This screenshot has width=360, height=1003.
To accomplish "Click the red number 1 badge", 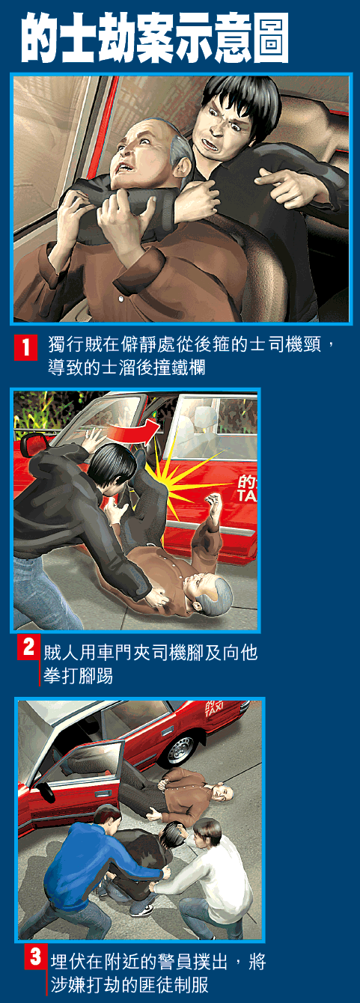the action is coord(26,347).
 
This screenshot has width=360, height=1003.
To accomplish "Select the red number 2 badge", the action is coord(28,647).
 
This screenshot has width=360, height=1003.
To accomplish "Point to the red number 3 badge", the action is coord(35,957).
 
